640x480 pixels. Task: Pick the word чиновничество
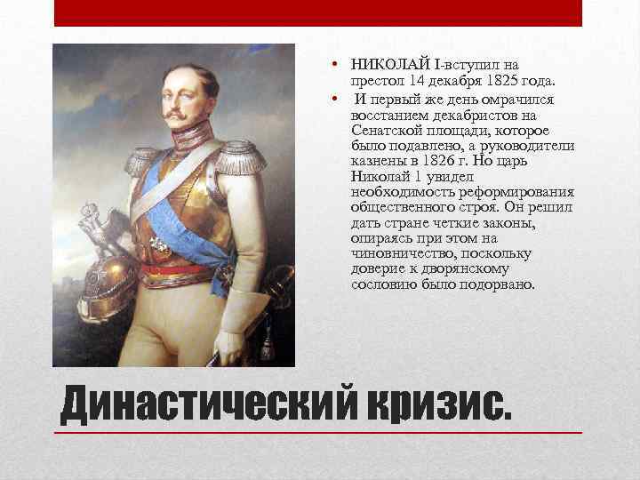point(397,252)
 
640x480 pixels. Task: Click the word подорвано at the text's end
point(498,285)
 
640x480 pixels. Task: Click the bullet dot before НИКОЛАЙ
point(330,64)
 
